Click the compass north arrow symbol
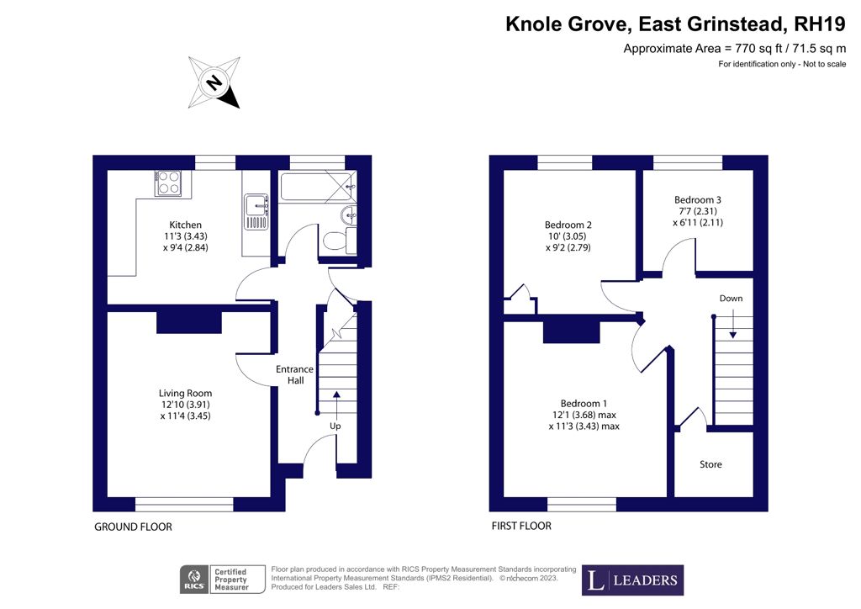pyautogui.click(x=214, y=82)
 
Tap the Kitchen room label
pyautogui.click(x=186, y=225)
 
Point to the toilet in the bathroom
pyautogui.click(x=335, y=241)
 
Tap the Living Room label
pyautogui.click(x=186, y=393)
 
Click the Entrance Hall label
pyautogui.click(x=294, y=375)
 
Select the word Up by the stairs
pyautogui.click(x=335, y=426)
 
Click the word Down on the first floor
pyautogui.click(x=731, y=299)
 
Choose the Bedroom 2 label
pyautogui.click(x=568, y=225)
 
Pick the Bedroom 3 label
pyautogui.click(x=698, y=199)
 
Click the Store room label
pyautogui.click(x=710, y=464)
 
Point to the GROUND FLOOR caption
pyautogui.click(x=132, y=527)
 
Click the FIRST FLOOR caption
pyautogui.click(x=521, y=527)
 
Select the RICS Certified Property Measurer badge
pyautogui.click(x=221, y=580)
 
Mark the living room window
pyautogui.click(x=184, y=504)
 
